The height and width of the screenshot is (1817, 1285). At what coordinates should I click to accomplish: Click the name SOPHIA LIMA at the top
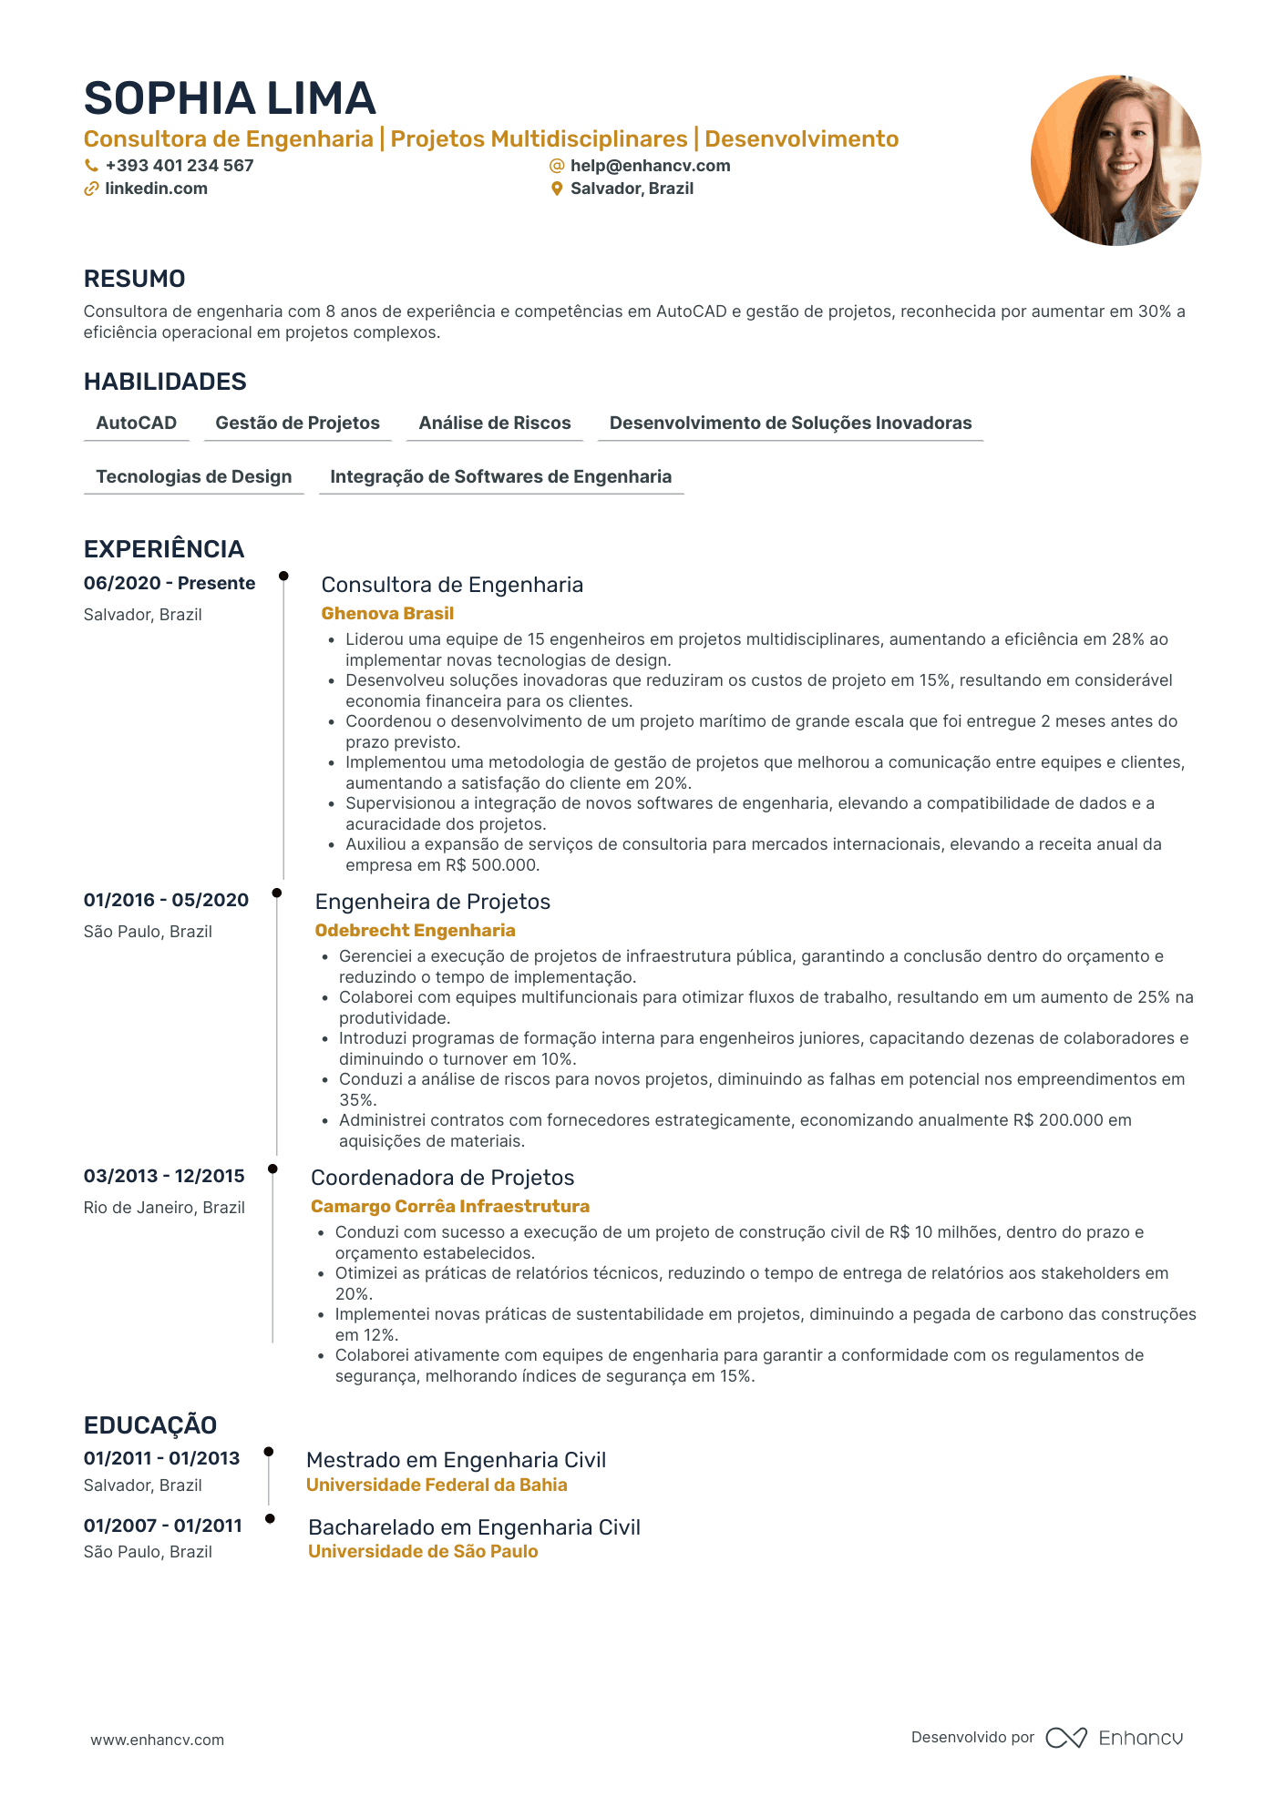[230, 98]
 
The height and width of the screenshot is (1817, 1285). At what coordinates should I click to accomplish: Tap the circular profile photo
[1115, 160]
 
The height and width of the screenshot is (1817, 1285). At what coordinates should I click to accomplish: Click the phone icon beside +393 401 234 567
[91, 166]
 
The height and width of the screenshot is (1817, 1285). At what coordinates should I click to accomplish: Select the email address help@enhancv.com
[650, 166]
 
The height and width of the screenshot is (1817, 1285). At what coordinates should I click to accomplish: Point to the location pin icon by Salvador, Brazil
[557, 189]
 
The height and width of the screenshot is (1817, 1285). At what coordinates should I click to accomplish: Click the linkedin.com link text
[156, 189]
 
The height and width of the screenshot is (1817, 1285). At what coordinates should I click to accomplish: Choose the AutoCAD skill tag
[137, 423]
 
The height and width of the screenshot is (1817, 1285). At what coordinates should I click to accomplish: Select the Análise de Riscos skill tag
[494, 423]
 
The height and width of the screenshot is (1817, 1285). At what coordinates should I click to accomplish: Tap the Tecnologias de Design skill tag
[193, 476]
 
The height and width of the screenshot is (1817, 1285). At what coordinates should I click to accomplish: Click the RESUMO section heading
[135, 279]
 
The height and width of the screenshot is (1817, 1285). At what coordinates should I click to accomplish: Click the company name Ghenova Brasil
[387, 613]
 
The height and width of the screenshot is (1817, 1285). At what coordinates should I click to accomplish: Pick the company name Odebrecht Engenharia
[415, 930]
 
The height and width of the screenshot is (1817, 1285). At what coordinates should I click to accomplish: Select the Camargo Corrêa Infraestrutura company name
[450, 1206]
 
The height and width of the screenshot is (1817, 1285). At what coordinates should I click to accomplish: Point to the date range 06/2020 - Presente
[170, 583]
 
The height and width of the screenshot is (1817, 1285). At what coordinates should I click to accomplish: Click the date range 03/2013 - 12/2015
[164, 1176]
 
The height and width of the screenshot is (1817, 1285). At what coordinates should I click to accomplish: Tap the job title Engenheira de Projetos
[432, 902]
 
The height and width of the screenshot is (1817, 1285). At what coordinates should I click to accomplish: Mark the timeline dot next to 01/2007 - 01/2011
[270, 1518]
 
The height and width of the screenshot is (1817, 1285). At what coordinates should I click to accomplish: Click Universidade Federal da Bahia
[437, 1485]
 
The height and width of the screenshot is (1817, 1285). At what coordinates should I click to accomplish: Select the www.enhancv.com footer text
[157, 1740]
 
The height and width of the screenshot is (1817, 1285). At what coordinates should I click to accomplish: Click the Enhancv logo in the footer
[1114, 1738]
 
